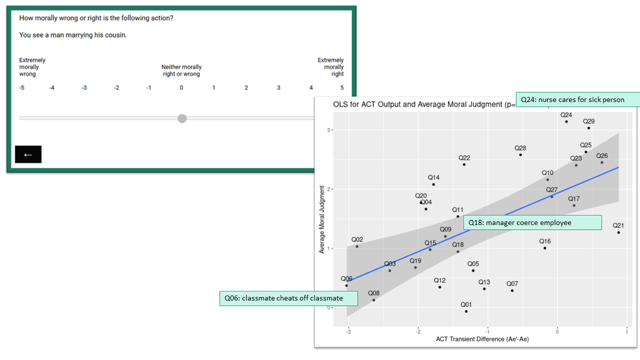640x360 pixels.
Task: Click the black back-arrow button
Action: coord(28,154)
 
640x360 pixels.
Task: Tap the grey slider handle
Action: coord(182,118)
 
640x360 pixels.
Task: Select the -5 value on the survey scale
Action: coord(22,88)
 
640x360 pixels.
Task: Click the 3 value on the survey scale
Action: coord(278,88)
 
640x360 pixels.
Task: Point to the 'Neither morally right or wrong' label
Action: coord(181,70)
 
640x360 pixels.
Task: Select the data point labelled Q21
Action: coord(619,233)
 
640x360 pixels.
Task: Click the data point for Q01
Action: coord(466,311)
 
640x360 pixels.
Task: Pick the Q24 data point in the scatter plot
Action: coord(566,122)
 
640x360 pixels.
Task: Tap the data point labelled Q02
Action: coord(357,246)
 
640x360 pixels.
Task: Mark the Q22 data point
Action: coord(464,165)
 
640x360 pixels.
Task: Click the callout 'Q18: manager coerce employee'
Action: coord(532,222)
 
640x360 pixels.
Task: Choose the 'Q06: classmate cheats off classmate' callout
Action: coord(289,298)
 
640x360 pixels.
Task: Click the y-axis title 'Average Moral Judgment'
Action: coord(322,219)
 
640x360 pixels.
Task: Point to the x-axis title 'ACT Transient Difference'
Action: coord(482,339)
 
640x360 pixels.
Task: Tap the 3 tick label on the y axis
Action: coord(329,130)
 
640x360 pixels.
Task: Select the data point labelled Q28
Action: coord(521,155)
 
